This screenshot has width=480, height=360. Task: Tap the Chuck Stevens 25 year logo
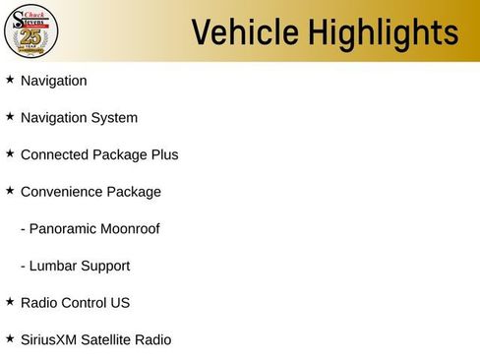pyautogui.click(x=30, y=30)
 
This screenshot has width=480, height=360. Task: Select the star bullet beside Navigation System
pyautogui.click(x=10, y=116)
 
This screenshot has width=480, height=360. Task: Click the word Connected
pyautogui.click(x=54, y=154)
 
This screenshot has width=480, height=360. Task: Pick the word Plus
pyautogui.click(x=163, y=154)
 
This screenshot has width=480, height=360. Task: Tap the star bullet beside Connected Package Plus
pyautogui.click(x=10, y=153)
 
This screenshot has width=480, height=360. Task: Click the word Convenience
pyautogui.click(x=61, y=192)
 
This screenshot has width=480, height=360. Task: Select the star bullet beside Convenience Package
pyautogui.click(x=10, y=190)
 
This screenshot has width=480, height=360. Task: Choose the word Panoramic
pyautogui.click(x=66, y=229)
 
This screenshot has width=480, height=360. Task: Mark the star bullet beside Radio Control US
pyautogui.click(x=10, y=301)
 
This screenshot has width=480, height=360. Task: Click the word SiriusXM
pyautogui.click(x=50, y=340)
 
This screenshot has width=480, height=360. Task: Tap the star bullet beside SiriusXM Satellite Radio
pyautogui.click(x=10, y=338)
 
